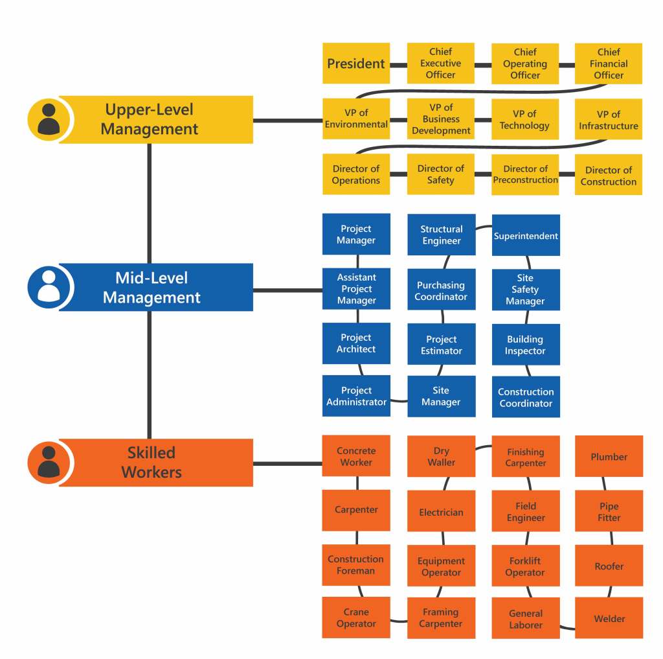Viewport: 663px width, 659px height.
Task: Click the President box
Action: point(356,64)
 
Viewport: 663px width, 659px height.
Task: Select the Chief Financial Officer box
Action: point(609,64)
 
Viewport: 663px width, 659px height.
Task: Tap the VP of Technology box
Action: point(524,119)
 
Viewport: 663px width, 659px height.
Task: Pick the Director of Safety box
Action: point(440,174)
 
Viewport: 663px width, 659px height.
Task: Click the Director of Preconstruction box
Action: point(525,174)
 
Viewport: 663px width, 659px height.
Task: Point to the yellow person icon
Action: point(49,120)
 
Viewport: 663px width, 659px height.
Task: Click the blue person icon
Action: point(49,286)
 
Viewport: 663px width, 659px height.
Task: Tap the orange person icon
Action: point(49,463)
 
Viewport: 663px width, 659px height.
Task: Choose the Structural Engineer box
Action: point(441,235)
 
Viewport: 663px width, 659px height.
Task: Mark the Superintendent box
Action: point(526,235)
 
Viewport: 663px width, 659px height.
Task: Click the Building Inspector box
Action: point(526,345)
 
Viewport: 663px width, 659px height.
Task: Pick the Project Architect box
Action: point(356,343)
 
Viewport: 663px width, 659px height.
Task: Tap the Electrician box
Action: point(441,512)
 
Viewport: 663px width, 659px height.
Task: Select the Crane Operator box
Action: point(356,618)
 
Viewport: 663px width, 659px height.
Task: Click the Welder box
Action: point(609,618)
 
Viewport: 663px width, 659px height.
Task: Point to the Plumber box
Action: point(609,457)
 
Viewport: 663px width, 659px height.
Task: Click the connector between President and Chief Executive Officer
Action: point(398,64)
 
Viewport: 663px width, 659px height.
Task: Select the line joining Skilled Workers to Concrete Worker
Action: point(287,463)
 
